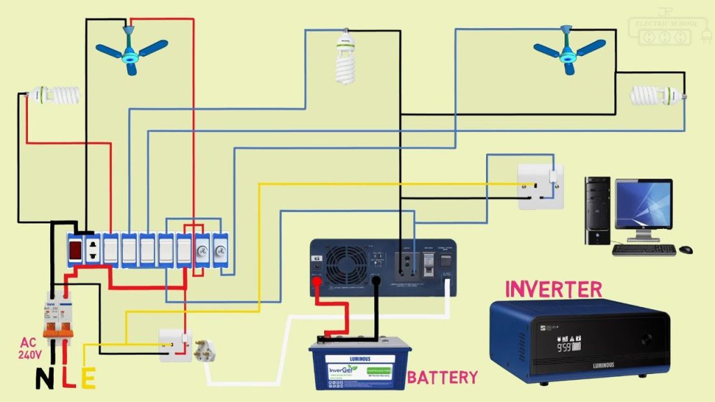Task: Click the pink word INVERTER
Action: (x=553, y=289)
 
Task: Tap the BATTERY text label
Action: (x=443, y=378)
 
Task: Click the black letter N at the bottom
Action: (x=44, y=378)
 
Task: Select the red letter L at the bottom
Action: (x=67, y=378)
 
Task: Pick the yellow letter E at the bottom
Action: (x=89, y=378)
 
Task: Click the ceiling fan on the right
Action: (x=568, y=50)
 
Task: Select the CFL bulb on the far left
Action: (x=54, y=95)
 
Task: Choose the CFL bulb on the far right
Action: (x=656, y=96)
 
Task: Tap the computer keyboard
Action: (x=643, y=249)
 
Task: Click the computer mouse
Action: (x=686, y=249)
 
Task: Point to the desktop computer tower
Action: (x=597, y=209)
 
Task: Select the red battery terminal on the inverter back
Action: (x=316, y=282)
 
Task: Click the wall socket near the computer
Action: (x=540, y=186)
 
